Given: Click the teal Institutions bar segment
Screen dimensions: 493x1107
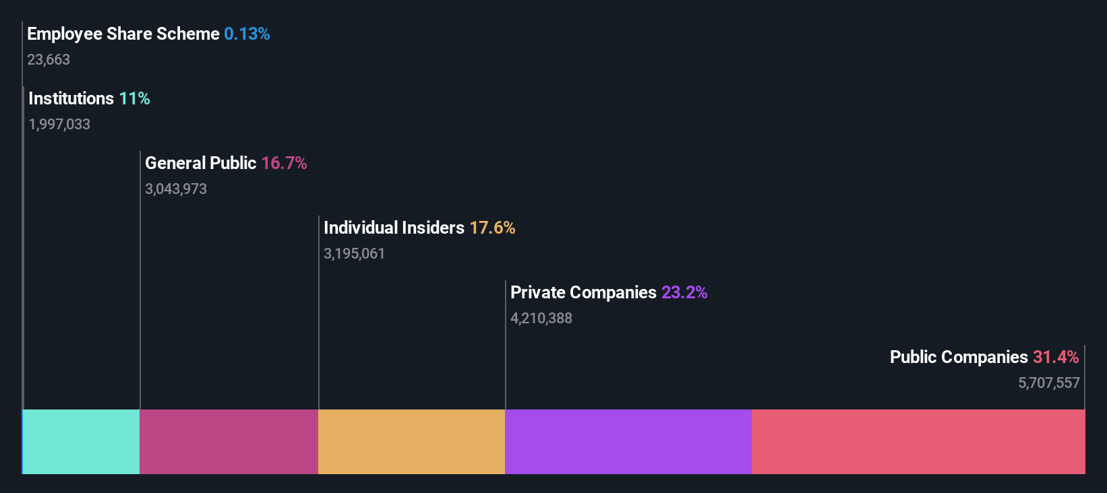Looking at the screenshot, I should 82,441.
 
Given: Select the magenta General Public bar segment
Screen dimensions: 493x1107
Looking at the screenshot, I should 229,441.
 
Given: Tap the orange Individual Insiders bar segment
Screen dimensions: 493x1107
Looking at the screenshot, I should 411,441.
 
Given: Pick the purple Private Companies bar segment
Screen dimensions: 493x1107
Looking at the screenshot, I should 628,441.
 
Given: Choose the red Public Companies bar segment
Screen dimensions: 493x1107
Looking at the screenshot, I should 918,441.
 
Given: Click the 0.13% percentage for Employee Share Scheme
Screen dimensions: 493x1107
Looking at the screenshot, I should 247,34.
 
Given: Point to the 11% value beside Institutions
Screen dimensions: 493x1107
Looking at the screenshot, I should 134,99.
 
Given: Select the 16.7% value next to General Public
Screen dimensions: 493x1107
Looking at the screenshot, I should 284,164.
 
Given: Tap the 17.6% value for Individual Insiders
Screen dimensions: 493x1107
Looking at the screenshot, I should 492,228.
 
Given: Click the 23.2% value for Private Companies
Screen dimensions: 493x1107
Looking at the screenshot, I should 684,293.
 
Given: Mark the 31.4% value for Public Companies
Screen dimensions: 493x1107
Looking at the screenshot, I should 1055,358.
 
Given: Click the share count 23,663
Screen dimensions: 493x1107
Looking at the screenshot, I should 49,60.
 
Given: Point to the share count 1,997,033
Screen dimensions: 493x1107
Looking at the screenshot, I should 59,125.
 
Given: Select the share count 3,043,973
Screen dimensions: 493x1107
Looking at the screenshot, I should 176,189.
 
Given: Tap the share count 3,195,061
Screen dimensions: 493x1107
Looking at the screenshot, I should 354,254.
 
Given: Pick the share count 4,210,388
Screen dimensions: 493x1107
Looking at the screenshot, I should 541,319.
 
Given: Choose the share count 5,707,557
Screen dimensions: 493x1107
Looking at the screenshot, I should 1048,383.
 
